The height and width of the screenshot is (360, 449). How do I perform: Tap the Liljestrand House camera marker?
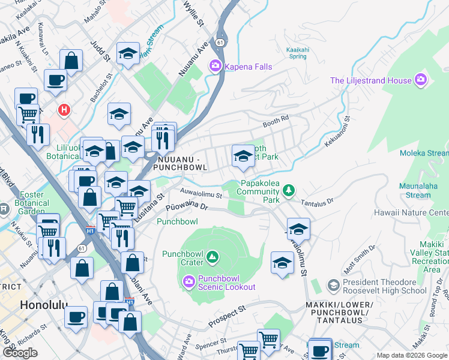tap(421, 80)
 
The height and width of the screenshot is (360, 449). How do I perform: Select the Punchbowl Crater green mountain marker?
tap(212, 257)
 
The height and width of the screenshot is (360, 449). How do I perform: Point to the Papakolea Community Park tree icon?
tap(289, 190)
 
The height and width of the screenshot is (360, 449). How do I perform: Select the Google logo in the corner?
tap(20, 352)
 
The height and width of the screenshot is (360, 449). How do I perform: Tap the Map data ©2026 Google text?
tap(411, 355)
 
